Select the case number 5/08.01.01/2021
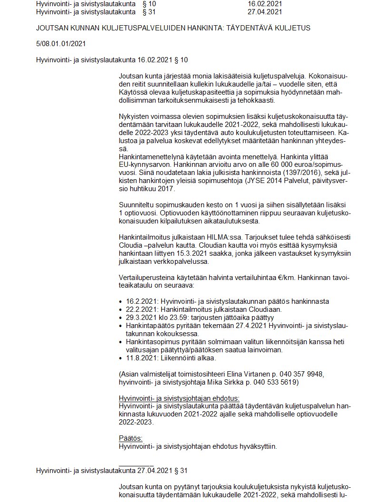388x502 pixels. click(61, 44)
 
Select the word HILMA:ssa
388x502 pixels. click(223, 237)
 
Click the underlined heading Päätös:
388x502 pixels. click(130, 438)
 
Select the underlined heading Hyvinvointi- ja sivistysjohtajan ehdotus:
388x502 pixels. click(179, 398)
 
